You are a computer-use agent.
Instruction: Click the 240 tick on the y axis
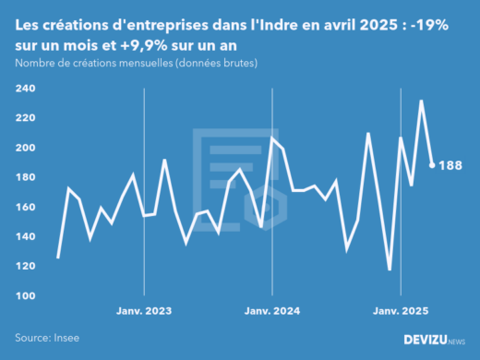25,89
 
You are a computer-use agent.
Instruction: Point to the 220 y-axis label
25,118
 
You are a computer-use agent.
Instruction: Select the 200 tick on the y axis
25,148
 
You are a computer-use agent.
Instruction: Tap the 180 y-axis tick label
25,177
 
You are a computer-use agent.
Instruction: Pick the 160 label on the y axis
25,207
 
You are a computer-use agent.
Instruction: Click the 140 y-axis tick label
25,236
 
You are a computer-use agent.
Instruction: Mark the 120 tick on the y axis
25,266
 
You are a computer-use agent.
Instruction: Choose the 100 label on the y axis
25,295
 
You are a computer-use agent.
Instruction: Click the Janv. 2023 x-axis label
144,311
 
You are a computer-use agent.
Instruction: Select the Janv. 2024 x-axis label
272,311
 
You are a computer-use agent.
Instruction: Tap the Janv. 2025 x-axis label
401,311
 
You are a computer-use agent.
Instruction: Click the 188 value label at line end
450,165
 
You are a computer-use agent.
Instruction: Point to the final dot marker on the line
432,165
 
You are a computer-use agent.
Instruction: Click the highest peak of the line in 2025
421,101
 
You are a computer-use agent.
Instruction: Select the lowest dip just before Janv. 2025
390,270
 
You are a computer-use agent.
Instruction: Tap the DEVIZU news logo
435,340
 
